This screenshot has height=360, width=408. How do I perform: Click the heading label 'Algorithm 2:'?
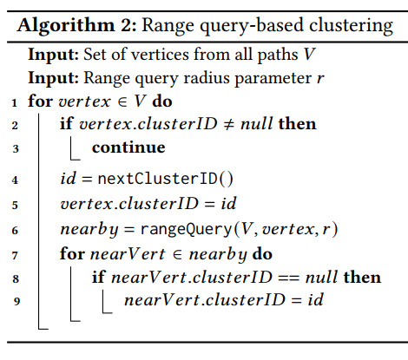[x=76, y=26]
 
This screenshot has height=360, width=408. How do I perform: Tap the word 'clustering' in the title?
[x=351, y=26]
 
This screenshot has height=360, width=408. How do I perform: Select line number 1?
[x=15, y=102]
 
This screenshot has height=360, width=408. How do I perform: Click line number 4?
[x=15, y=180]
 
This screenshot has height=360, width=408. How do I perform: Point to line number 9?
[x=16, y=301]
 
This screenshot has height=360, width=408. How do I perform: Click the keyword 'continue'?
[x=128, y=147]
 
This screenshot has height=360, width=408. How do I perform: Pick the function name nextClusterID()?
[x=165, y=179]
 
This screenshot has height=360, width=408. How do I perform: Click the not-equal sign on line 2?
[x=229, y=124]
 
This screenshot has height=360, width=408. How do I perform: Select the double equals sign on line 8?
[x=289, y=278]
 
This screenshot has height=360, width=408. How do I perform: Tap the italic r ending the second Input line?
[x=320, y=78]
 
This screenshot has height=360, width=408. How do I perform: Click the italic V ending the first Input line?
[x=309, y=55]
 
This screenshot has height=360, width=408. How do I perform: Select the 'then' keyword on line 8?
[x=362, y=277]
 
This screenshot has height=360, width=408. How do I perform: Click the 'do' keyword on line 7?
[x=262, y=254]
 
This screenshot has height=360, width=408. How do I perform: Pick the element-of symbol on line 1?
[x=122, y=101]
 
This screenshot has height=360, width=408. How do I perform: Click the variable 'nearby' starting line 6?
[x=89, y=230]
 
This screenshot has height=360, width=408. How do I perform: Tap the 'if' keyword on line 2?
[x=67, y=123]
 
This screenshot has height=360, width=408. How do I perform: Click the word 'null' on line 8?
[x=321, y=277]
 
